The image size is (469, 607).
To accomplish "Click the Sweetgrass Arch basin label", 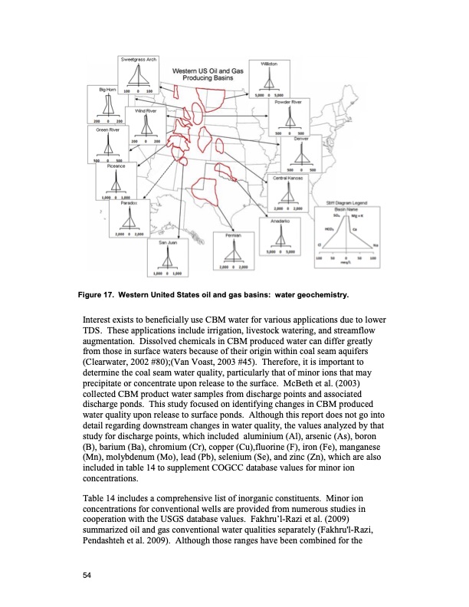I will click(x=138, y=60).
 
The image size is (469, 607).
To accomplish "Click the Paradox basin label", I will click(x=128, y=202).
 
